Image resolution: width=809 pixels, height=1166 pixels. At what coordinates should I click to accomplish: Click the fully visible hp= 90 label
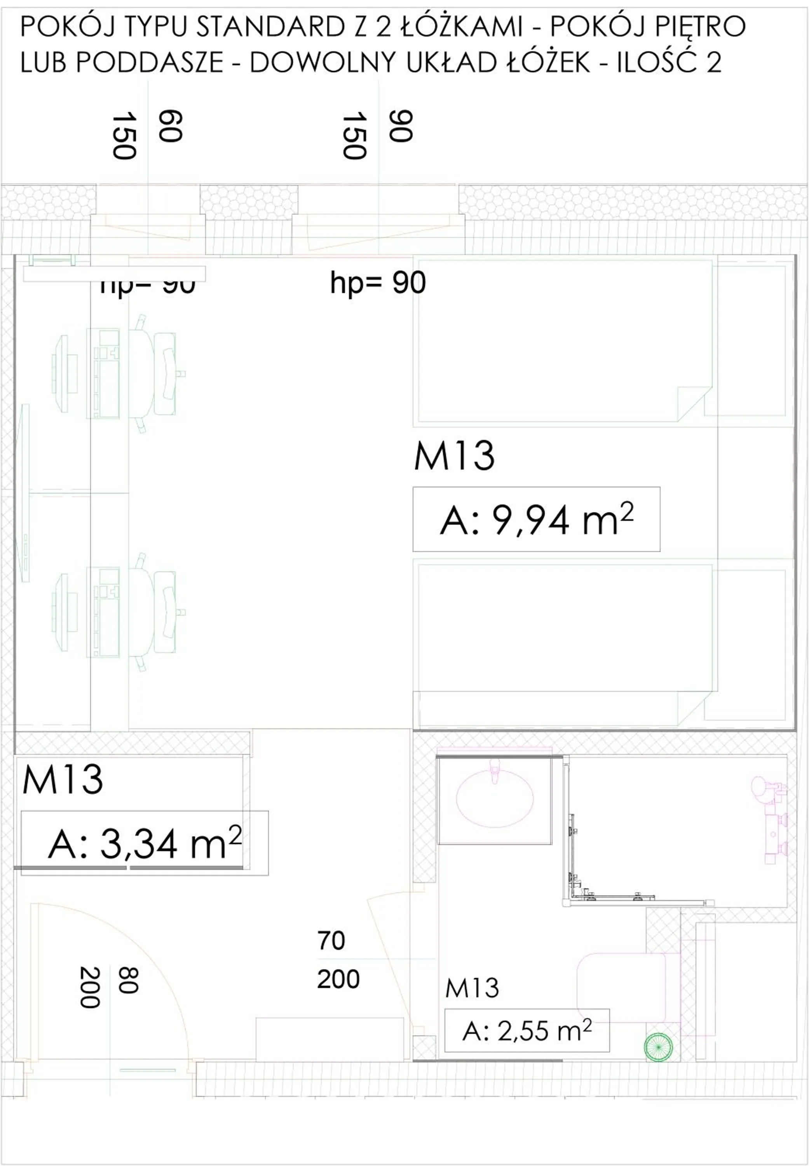click(x=378, y=283)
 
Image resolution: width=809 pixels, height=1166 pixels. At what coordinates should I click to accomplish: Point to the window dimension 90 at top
click(x=401, y=126)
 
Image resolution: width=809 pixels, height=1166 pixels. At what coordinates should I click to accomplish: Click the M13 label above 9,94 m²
click(x=454, y=456)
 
